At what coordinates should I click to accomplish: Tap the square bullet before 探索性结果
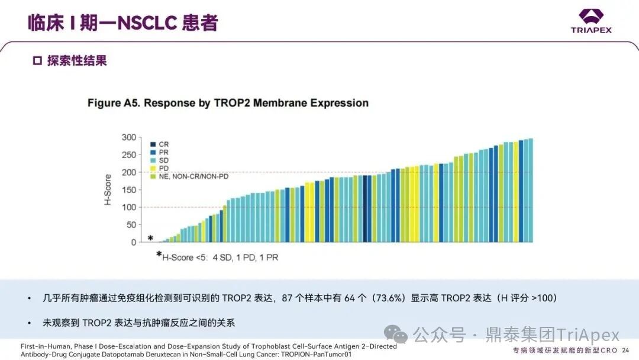tap(37, 61)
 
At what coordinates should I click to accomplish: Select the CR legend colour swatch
tap(153, 144)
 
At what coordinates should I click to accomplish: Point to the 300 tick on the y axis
tap(129, 138)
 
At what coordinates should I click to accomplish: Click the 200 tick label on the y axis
tap(129, 172)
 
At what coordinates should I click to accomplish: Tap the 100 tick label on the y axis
tap(129, 207)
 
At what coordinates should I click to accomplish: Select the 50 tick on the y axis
tap(131, 225)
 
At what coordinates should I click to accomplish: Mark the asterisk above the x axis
tap(150, 238)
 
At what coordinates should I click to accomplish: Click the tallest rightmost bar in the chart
tap(530, 189)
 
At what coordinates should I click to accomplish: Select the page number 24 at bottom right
tap(625, 351)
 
